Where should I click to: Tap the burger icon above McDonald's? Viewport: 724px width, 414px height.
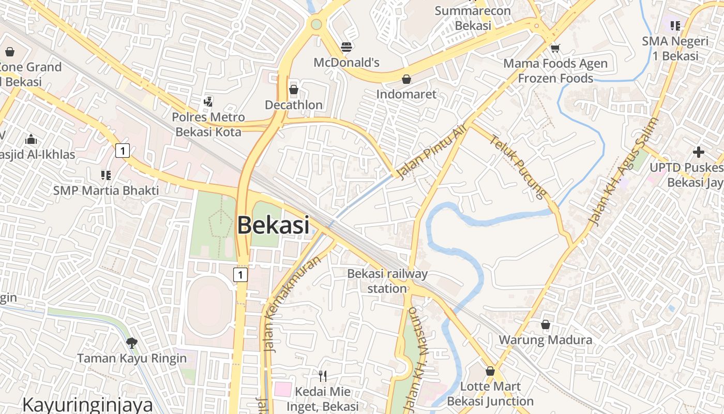coord(346,48)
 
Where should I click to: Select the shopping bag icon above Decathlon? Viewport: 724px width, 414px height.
coord(294,90)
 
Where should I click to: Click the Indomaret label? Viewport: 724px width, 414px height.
coord(406,94)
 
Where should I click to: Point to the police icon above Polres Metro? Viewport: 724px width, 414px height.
coord(208,101)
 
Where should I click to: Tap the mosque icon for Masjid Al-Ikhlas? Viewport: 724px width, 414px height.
coord(31,139)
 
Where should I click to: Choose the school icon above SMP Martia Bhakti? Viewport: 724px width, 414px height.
coord(106,175)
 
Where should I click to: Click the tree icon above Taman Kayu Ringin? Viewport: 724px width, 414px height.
coord(132,343)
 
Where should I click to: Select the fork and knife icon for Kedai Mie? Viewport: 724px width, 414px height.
coord(323,376)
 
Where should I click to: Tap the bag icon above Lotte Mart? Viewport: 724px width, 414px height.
coord(490,371)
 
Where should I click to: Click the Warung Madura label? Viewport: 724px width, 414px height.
coord(546,340)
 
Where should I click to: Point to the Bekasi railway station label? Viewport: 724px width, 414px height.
coord(387,281)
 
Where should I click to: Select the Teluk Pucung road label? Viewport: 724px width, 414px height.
coord(518,167)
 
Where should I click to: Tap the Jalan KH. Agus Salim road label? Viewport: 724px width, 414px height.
coord(624,172)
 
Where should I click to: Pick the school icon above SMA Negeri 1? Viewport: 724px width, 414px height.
coord(675,25)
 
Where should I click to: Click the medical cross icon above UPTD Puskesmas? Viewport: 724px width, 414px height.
coord(699,152)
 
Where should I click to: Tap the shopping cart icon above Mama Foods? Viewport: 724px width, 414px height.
coord(555,48)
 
